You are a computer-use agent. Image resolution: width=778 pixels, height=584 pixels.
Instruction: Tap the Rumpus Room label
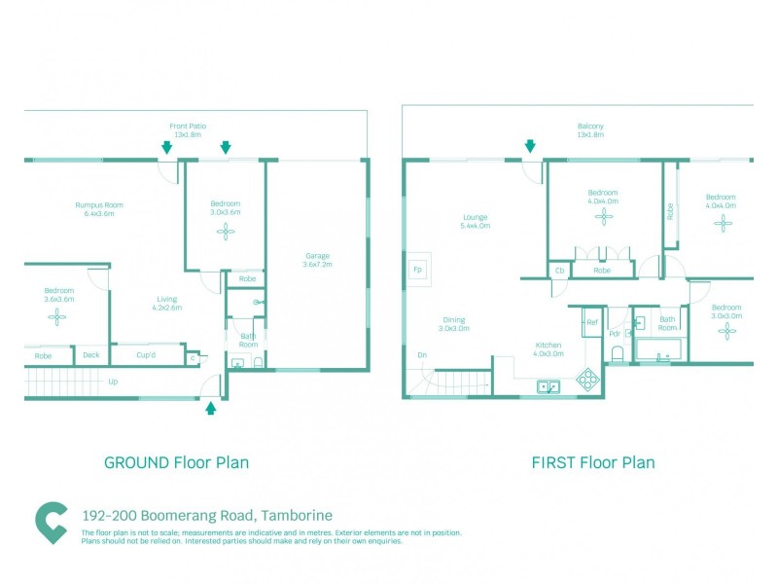(x=99, y=205)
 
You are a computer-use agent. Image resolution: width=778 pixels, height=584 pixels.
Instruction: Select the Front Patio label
(x=188, y=126)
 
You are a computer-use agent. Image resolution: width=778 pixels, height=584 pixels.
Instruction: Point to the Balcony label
(x=590, y=126)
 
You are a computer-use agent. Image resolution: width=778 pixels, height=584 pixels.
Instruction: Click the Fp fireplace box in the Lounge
(x=418, y=269)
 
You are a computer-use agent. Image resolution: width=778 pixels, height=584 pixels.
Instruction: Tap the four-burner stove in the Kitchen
(x=587, y=380)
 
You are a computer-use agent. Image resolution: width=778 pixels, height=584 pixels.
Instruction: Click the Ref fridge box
(x=591, y=321)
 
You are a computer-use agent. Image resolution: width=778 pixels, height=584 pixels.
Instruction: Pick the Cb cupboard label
(x=559, y=270)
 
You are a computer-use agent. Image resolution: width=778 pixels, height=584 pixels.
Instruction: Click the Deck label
(x=91, y=355)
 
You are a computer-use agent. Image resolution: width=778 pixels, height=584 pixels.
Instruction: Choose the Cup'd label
(x=147, y=355)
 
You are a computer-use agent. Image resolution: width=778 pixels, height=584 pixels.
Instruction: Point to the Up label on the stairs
(x=113, y=382)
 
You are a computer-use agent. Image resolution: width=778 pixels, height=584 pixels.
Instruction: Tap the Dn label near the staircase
(x=422, y=355)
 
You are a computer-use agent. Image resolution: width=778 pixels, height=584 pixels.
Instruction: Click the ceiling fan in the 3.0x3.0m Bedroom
(x=725, y=331)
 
